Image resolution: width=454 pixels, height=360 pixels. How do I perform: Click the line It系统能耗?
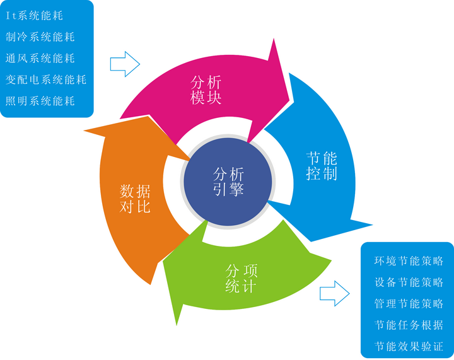coord(35,16)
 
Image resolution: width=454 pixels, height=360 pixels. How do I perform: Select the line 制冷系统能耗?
coord(40,37)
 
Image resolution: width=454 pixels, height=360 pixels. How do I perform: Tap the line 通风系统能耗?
coord(40,58)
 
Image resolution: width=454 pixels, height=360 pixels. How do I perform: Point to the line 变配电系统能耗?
coord(46,79)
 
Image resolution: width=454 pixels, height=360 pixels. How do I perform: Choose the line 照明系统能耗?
coord(40,101)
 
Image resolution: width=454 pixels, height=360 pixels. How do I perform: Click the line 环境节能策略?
coord(409,261)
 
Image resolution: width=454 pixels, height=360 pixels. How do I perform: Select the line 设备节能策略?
coord(409,282)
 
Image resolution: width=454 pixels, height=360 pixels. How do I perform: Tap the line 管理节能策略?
coord(409,303)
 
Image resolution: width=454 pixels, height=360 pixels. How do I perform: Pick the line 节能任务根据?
coord(409,325)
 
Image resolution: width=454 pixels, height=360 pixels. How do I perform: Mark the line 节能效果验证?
coord(409,346)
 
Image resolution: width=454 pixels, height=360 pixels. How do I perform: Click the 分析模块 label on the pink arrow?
coord(206,90)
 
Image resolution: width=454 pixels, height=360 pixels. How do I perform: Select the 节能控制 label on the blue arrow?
coord(322,166)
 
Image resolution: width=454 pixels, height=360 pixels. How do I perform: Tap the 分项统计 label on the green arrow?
coord(241,279)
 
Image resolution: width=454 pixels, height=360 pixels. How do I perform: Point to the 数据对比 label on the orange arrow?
coord(135,199)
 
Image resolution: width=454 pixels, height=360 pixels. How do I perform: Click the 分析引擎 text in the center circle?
coord(228,182)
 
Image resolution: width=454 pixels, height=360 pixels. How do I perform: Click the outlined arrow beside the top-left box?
coord(125,64)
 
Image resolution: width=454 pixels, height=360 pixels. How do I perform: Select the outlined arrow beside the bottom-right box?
coord(335,293)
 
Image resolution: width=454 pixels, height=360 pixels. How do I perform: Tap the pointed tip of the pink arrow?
coord(289,101)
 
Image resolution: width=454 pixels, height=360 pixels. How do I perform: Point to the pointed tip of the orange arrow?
coord(84,131)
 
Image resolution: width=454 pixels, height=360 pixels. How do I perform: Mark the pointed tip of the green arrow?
coord(177,325)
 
